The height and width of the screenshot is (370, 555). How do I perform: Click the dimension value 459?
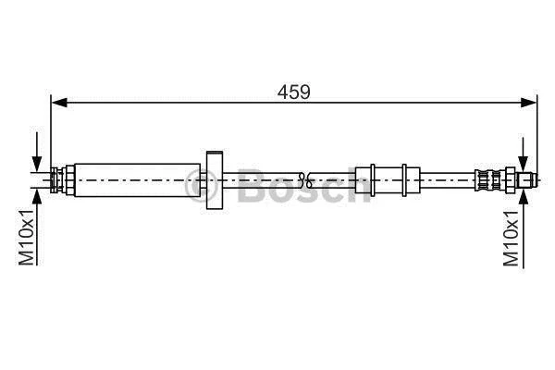click(x=293, y=92)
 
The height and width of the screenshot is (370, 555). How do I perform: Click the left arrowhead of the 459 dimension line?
click(x=59, y=103)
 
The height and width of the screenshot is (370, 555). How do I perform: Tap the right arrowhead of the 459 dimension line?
click(x=528, y=103)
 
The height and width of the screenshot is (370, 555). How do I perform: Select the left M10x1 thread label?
click(x=27, y=237)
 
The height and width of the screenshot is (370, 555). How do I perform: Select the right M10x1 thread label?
click(x=512, y=239)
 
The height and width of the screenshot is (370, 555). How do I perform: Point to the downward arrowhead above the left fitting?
click(x=37, y=165)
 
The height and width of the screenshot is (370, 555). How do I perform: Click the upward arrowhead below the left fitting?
click(x=37, y=196)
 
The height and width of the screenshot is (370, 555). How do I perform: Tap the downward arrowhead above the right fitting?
click(x=523, y=164)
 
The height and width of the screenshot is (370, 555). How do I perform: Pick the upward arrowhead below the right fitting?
click(x=523, y=196)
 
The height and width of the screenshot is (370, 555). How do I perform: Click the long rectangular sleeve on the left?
click(x=138, y=180)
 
